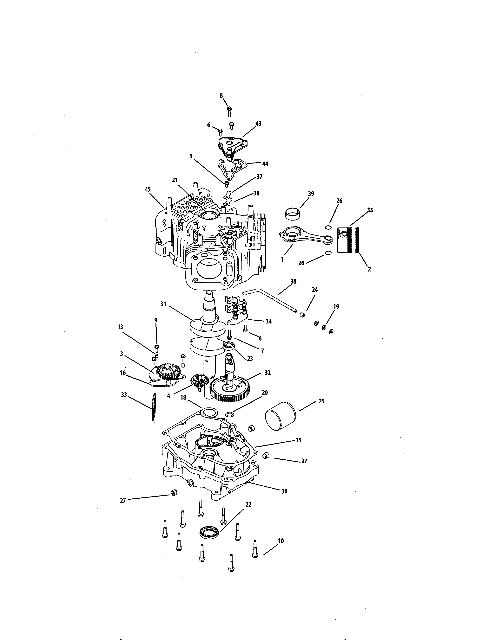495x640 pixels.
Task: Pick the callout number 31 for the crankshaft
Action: [163, 304]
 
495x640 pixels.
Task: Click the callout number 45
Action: [148, 190]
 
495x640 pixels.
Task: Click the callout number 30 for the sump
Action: [284, 491]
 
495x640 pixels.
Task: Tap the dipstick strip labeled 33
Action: [153, 407]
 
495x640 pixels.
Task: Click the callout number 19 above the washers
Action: [336, 306]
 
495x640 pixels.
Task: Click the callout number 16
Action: [123, 373]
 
